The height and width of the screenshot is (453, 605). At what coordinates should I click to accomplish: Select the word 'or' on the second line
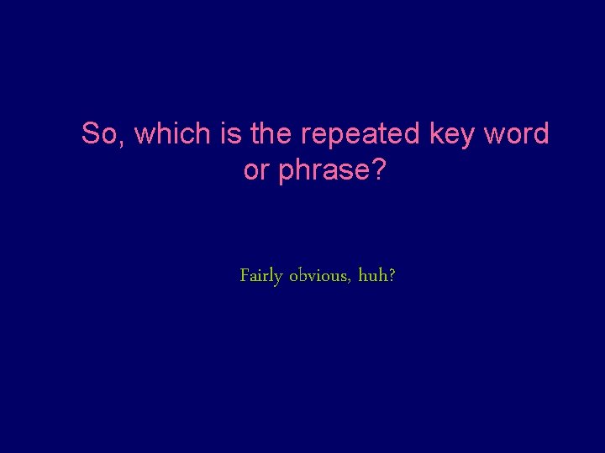255,171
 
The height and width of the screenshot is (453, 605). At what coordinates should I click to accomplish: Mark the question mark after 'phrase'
379,170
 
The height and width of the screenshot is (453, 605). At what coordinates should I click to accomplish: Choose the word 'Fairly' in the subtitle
260,276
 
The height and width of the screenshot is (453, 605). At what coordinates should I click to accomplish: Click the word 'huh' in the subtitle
372,275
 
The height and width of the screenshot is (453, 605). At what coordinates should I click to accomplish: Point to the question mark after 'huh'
392,275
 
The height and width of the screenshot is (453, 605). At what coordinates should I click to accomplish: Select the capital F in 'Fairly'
245,274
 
